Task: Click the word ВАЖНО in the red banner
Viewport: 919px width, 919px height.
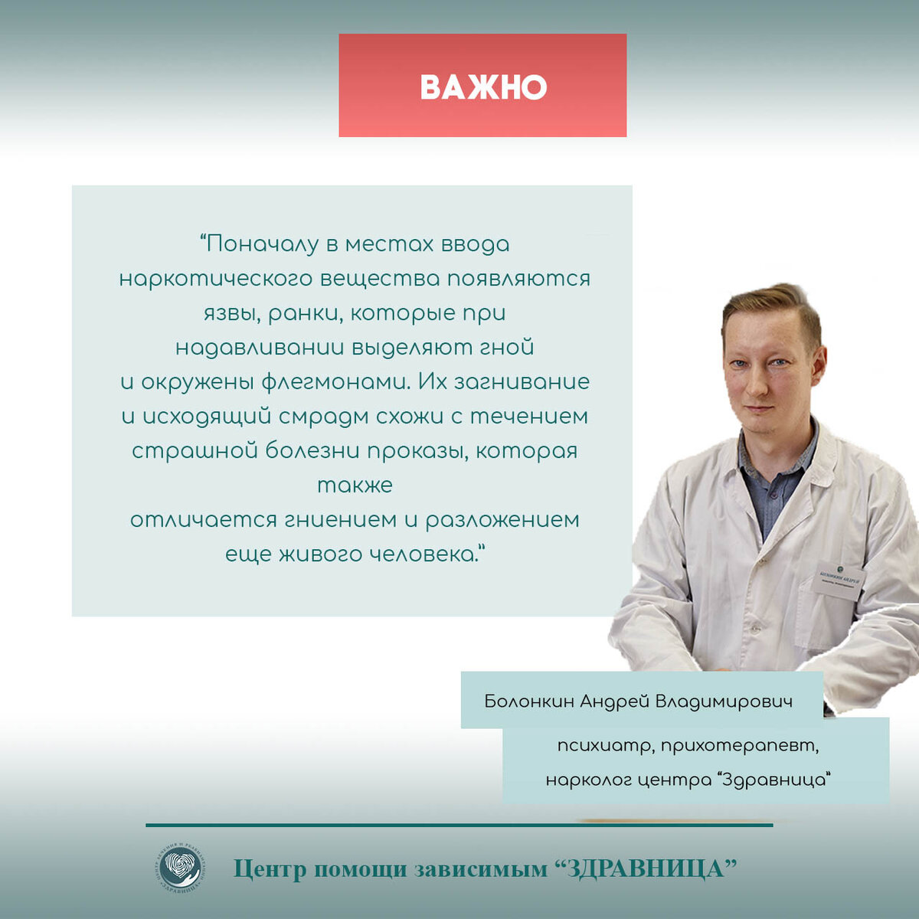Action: click(x=483, y=87)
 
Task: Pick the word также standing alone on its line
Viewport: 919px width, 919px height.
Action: click(x=355, y=486)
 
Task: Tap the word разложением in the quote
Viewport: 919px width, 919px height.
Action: click(x=502, y=520)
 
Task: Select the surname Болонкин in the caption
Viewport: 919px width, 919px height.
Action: click(x=528, y=701)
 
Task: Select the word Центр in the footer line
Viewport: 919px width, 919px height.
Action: click(x=269, y=869)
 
